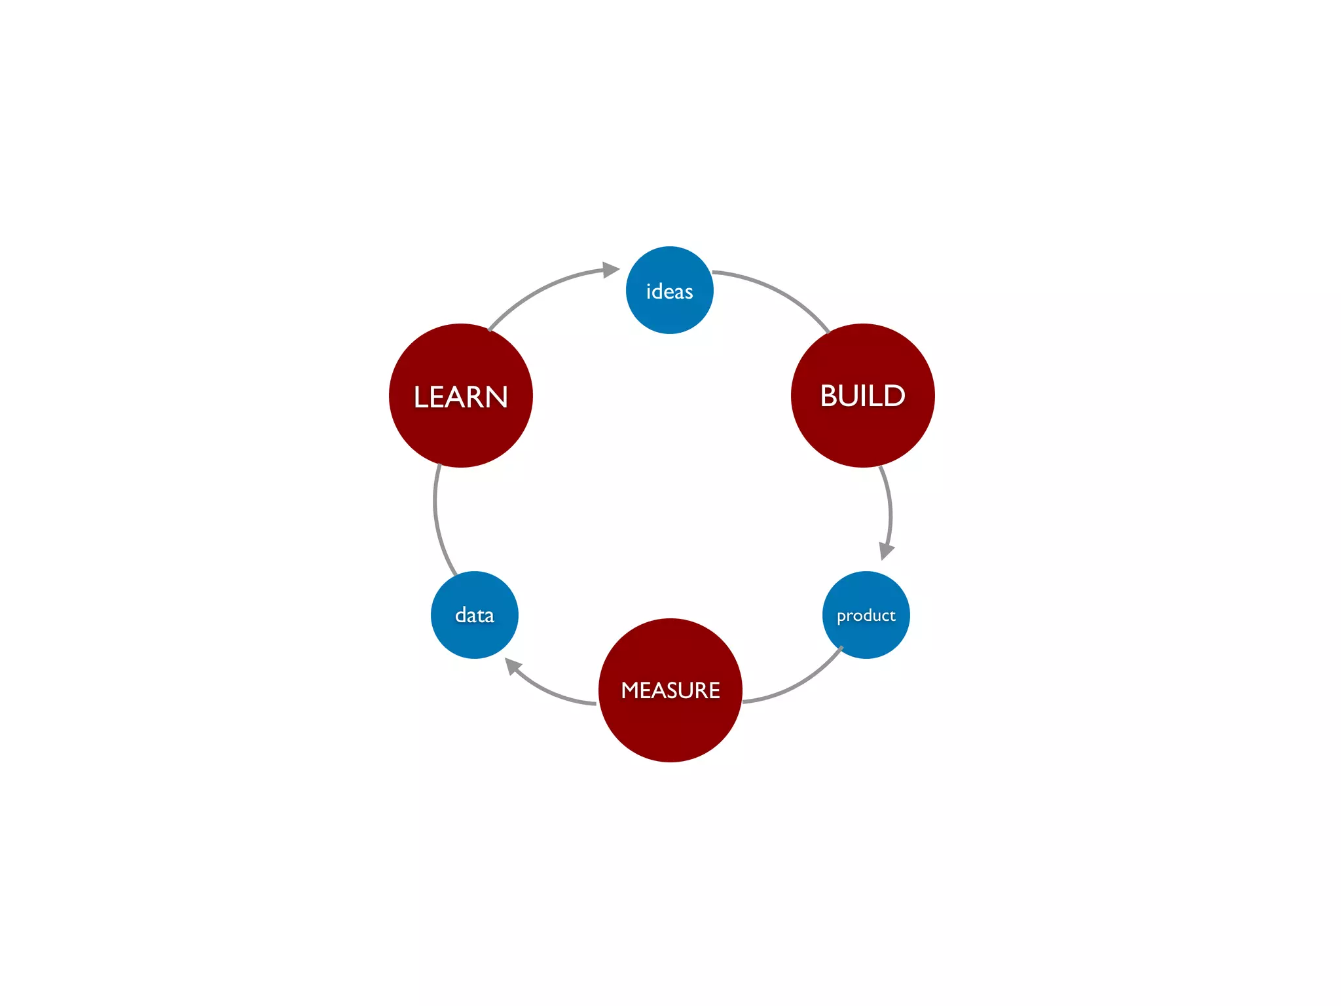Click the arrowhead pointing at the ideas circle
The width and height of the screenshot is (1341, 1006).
coord(610,269)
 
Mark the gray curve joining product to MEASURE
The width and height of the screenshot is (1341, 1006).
coord(799,684)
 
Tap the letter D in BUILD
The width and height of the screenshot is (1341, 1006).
coord(895,396)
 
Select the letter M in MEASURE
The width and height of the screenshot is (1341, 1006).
coord(631,690)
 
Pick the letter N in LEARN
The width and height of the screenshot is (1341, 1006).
coord(495,397)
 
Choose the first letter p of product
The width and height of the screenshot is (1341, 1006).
coord(841,617)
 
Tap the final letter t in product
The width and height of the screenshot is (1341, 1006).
coord(892,615)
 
